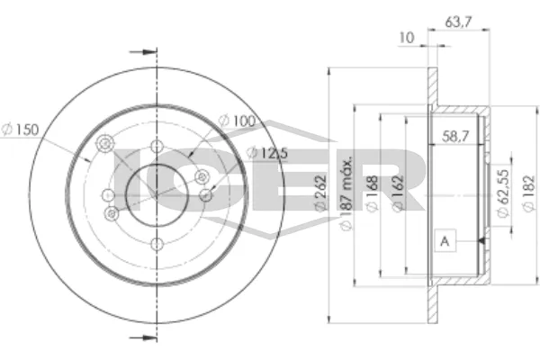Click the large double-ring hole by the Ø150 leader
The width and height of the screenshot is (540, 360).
point(105,146)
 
